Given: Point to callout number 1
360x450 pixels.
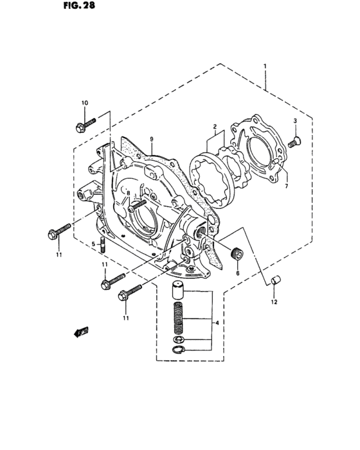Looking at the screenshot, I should pos(264,66).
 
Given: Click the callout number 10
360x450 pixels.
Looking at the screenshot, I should pos(84,103).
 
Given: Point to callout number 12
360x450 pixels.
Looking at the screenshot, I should pos(273,301).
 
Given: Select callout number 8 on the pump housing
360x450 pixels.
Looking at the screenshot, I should pos(128,193).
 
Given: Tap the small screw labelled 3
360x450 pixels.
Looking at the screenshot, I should pos(295,142).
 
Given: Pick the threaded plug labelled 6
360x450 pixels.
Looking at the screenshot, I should pos(237,253).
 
